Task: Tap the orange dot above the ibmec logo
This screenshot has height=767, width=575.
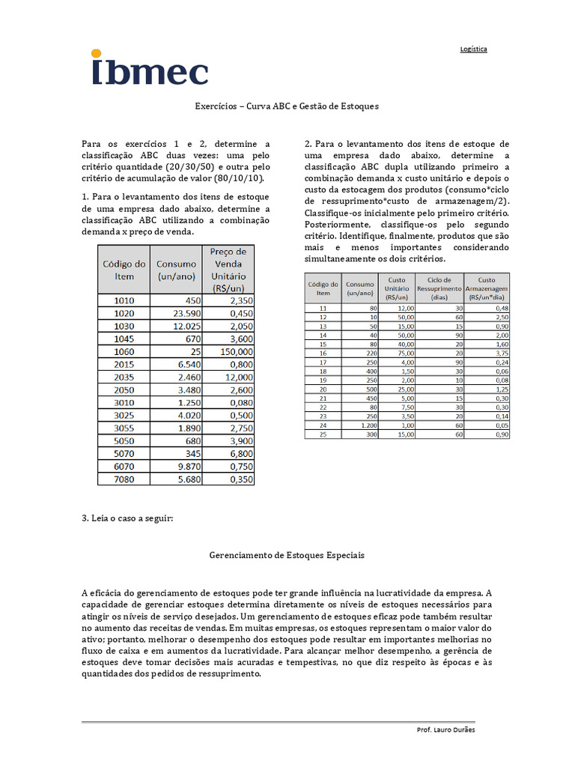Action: click(95, 53)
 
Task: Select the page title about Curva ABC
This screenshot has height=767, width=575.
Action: click(287, 106)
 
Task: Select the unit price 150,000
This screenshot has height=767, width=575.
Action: click(229, 351)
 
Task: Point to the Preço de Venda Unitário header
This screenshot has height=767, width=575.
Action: click(229, 270)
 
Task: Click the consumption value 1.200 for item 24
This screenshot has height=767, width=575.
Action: click(360, 425)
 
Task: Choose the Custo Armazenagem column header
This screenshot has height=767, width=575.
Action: click(487, 288)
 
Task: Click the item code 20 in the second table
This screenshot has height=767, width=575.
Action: click(323, 389)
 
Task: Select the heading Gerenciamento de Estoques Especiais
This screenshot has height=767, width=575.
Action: click(287, 557)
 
